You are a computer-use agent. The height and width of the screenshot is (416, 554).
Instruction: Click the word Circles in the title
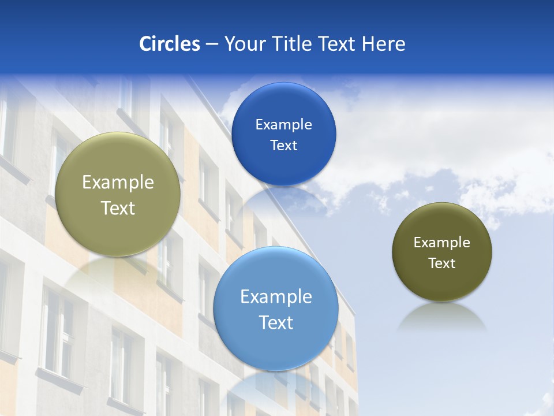pos(169,44)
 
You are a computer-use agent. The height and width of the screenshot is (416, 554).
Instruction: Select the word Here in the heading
pos(383,44)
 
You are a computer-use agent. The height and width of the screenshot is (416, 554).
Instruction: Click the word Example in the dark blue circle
pos(283,125)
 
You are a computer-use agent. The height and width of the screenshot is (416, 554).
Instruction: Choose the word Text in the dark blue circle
pos(283,146)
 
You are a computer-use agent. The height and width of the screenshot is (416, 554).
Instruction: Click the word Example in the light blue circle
pos(276,297)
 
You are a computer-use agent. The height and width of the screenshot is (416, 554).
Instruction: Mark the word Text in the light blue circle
pos(276,322)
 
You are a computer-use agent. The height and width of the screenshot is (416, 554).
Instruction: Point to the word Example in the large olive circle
pos(118,183)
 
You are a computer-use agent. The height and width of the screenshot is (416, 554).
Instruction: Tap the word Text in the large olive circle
pos(118,208)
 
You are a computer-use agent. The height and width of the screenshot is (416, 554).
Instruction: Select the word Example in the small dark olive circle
pos(442,243)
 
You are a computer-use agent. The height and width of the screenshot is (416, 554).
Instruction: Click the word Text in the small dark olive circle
pos(442,263)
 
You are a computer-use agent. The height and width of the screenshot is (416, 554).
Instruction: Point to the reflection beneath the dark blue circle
pos(283,199)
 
